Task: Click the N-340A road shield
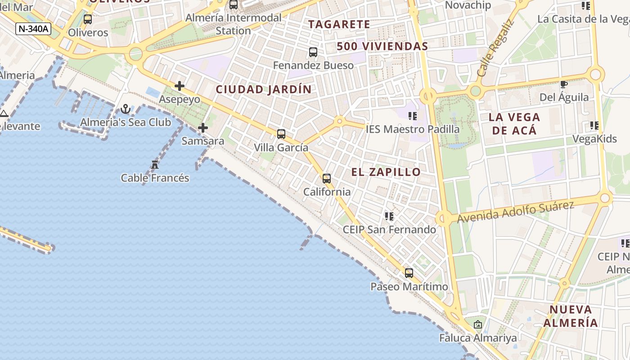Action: pyautogui.click(x=33, y=29)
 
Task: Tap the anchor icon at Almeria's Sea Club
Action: pyautogui.click(x=126, y=109)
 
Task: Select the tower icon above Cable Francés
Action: pyautogui.click(x=155, y=165)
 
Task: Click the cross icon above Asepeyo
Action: pyautogui.click(x=180, y=86)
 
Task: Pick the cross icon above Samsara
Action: pyautogui.click(x=203, y=128)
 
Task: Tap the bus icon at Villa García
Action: pyautogui.click(x=281, y=134)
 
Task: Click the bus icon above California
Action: pyautogui.click(x=327, y=179)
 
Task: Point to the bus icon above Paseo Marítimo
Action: pyautogui.click(x=409, y=273)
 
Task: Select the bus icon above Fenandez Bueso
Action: pyautogui.click(x=313, y=52)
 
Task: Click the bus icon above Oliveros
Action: pyautogui.click(x=88, y=19)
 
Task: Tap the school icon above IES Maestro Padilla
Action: pyautogui.click(x=412, y=116)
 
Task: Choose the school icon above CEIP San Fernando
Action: pyautogui.click(x=389, y=216)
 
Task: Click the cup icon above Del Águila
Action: pyautogui.click(x=563, y=84)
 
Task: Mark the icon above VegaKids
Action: pyautogui.click(x=594, y=126)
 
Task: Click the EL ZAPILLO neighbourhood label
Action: pyautogui.click(x=386, y=172)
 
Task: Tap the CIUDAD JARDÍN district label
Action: pyautogui.click(x=264, y=90)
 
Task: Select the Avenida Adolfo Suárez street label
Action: pyautogui.click(x=516, y=211)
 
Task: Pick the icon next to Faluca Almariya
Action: pyautogui.click(x=478, y=324)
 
